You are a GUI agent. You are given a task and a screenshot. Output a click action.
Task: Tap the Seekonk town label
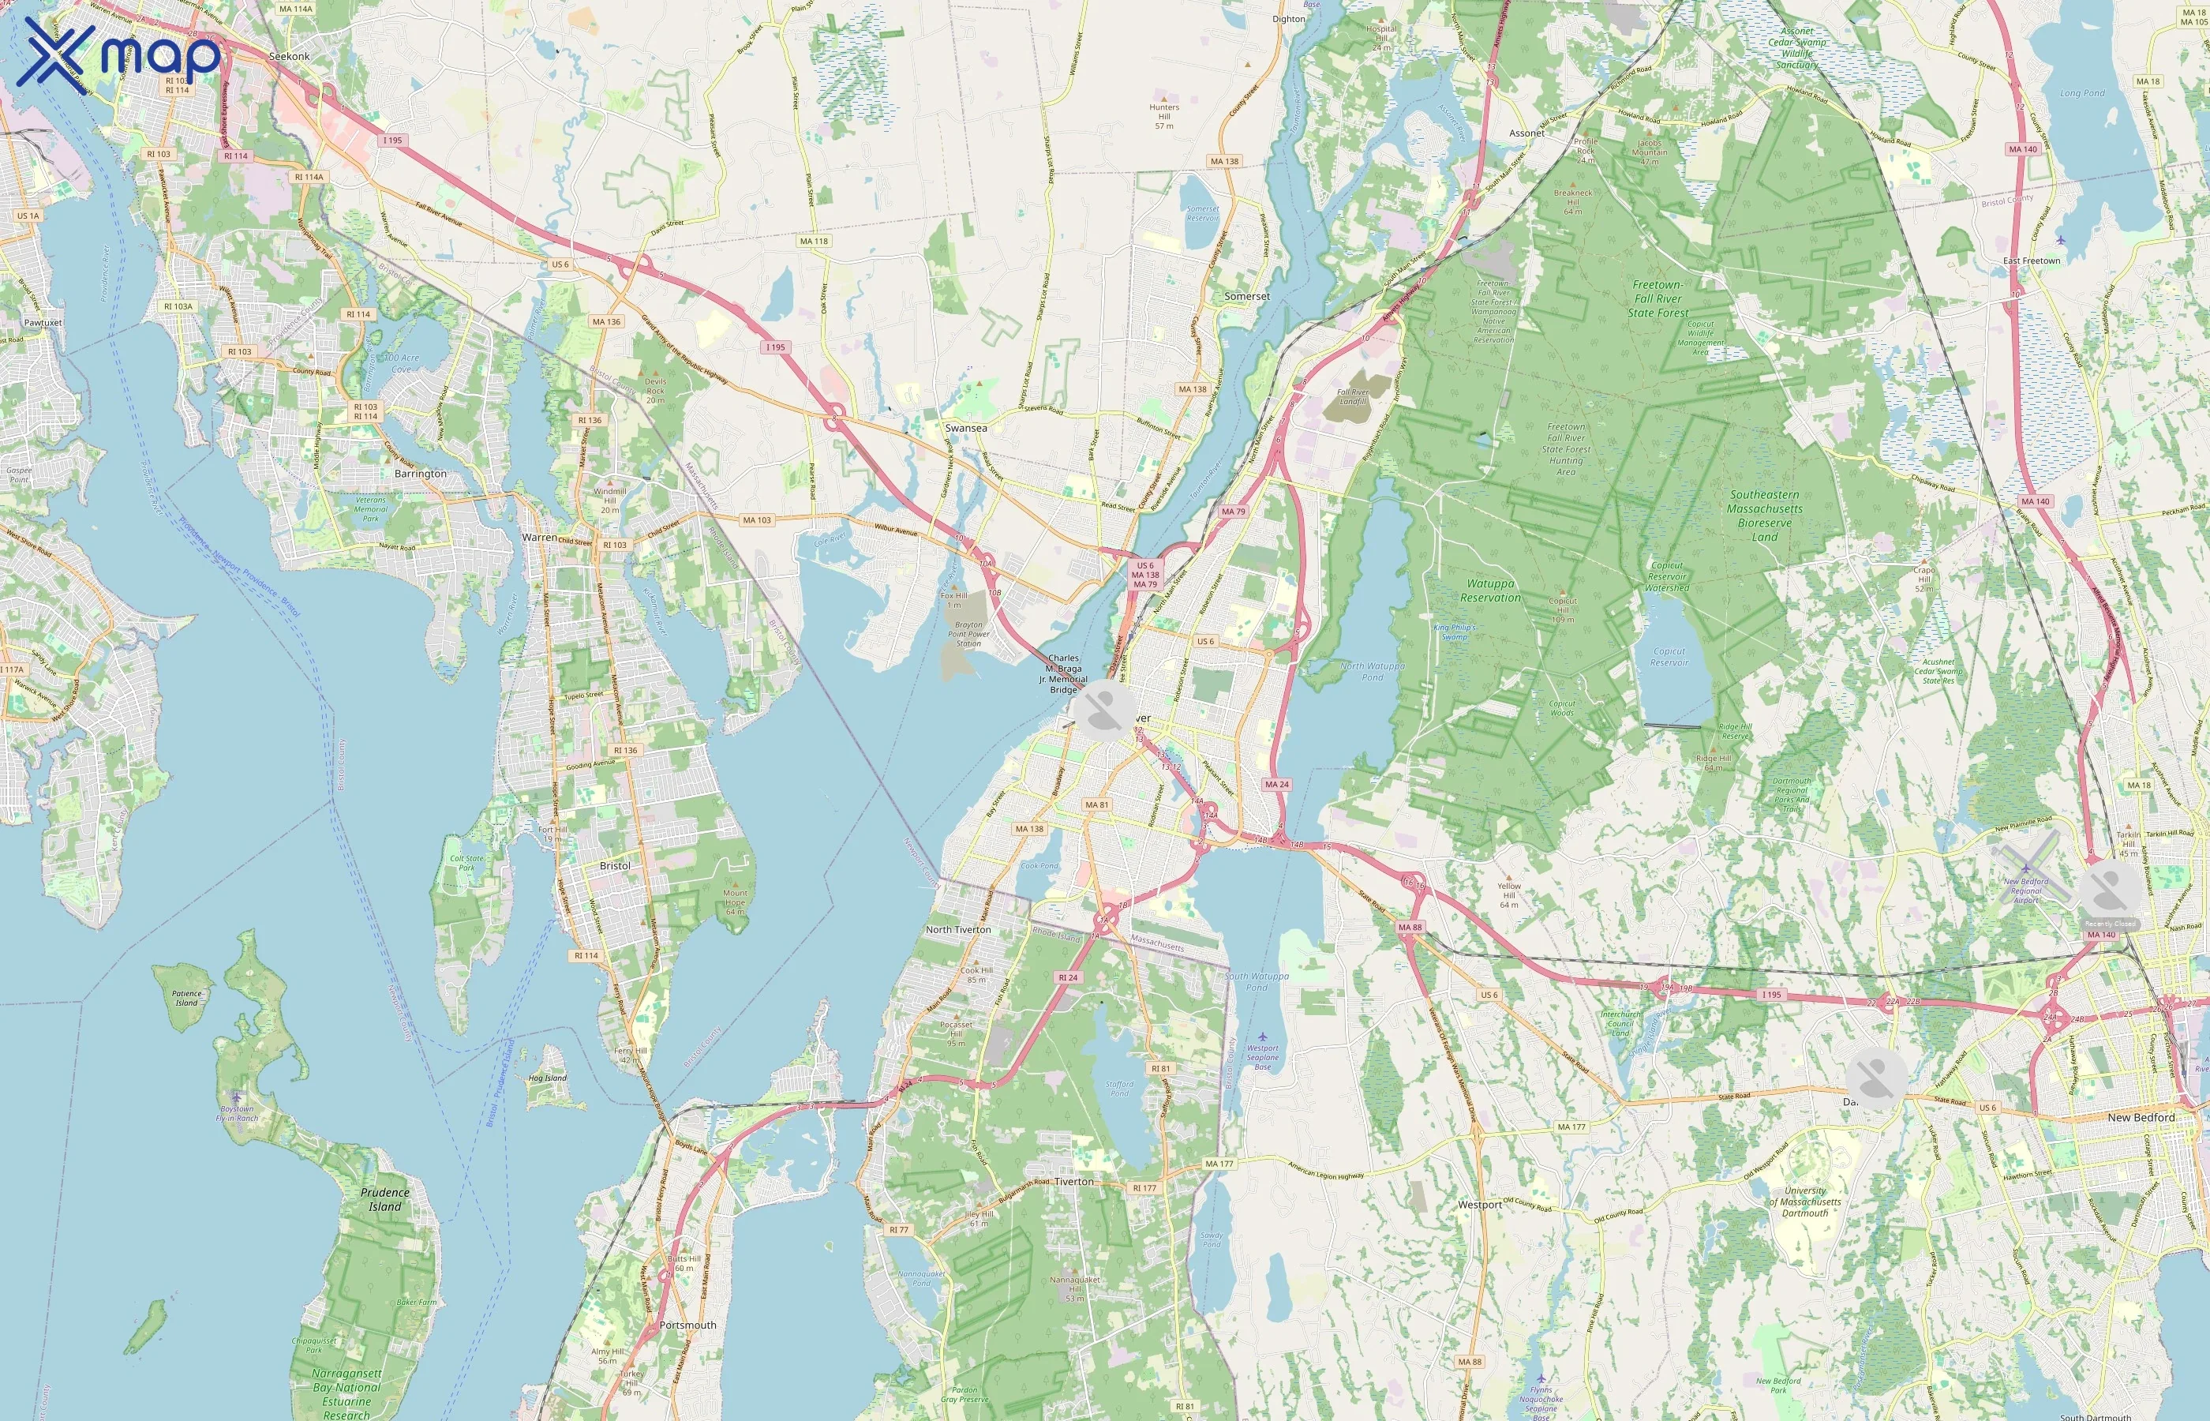click(289, 56)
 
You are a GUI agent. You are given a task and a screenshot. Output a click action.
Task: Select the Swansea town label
click(966, 428)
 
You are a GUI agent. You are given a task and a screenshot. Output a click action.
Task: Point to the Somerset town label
click(1247, 296)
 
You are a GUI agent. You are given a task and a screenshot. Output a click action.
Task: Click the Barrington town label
click(421, 474)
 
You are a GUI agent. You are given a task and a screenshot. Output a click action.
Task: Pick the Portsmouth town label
click(687, 1325)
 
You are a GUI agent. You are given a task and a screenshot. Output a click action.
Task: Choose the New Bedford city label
click(2141, 1117)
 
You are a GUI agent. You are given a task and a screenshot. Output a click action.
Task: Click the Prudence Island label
click(384, 1199)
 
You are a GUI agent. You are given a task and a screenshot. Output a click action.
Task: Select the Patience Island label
click(186, 999)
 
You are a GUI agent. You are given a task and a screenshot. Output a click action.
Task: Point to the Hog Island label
click(548, 1078)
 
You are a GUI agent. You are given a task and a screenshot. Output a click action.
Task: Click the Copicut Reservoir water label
click(1669, 656)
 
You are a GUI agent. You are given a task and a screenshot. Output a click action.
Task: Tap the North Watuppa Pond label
click(1373, 671)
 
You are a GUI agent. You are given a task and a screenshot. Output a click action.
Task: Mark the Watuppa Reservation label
click(1490, 591)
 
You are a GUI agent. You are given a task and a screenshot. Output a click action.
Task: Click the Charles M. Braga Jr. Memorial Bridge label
click(1063, 673)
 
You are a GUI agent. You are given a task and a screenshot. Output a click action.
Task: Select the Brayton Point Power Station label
click(968, 634)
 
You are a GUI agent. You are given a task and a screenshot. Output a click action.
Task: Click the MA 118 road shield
click(814, 241)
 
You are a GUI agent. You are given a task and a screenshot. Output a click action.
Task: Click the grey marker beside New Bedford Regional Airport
click(2110, 890)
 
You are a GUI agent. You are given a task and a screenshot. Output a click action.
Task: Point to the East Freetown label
click(2031, 261)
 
